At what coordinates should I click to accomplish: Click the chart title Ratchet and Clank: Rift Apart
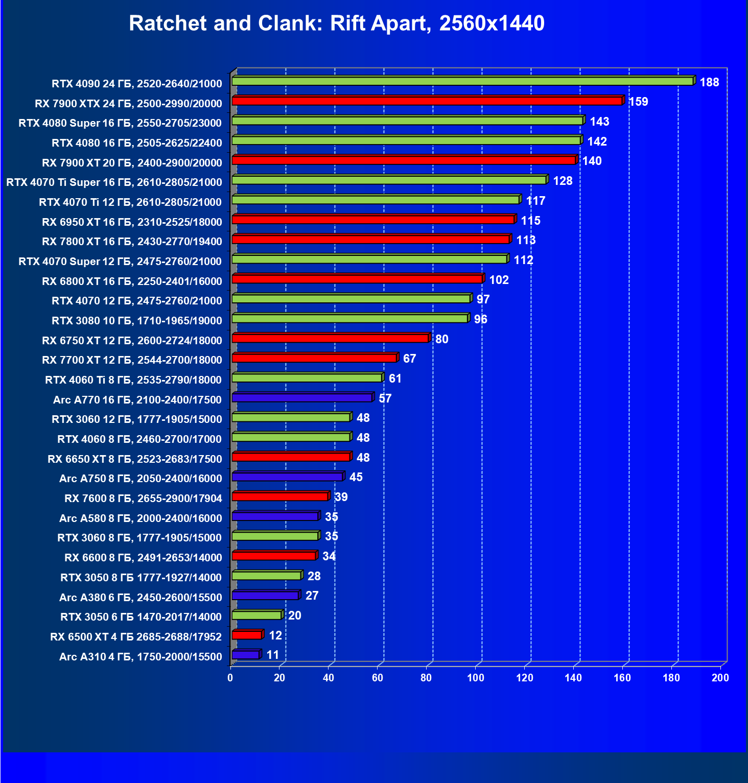pos(337,23)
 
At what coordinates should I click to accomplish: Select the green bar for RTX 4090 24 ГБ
pos(462,81)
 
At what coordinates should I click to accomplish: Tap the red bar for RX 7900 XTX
pos(427,101)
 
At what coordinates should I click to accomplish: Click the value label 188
pos(709,82)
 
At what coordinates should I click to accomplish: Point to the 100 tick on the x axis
pos(476,678)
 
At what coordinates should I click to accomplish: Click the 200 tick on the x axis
pos(720,678)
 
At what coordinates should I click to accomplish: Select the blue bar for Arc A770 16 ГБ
pos(302,397)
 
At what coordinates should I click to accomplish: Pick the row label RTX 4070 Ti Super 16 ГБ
pos(114,182)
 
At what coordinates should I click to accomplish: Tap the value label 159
pos(638,102)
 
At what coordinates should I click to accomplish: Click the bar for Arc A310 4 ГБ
pos(246,655)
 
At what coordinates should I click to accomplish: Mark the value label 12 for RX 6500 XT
pos(275,635)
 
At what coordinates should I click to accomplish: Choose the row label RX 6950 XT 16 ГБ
pos(132,222)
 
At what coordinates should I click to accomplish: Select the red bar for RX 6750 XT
pos(330,338)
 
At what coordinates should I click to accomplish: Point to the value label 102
pos(499,280)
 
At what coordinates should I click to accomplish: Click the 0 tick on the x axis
pos(230,678)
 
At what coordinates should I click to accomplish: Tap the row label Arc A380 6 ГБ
pos(141,597)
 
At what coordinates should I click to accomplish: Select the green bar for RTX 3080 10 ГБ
pos(350,319)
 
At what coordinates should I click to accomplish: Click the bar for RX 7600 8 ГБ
pos(280,496)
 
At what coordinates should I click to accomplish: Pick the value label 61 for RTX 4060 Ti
pos(395,378)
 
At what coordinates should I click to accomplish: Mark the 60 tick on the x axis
pos(378,678)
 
